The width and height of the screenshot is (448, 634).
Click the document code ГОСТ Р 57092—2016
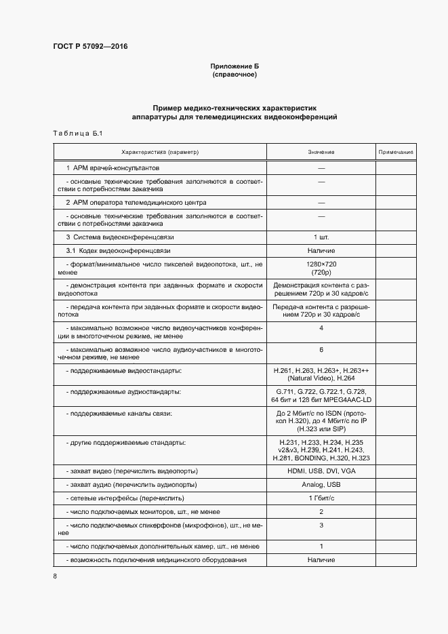(x=89, y=47)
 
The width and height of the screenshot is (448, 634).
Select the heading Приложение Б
(x=235, y=66)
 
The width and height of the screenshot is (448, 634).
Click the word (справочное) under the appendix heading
(x=235, y=75)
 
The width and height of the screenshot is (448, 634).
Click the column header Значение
(x=321, y=153)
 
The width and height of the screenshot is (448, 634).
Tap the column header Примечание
(x=396, y=153)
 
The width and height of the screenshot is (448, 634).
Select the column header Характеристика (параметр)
(x=160, y=153)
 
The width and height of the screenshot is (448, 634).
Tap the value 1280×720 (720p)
(x=321, y=267)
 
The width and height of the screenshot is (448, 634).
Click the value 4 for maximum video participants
(x=321, y=328)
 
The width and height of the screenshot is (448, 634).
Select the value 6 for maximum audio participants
(x=321, y=350)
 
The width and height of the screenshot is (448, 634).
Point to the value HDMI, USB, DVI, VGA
(x=321, y=471)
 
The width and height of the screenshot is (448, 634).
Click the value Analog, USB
(x=321, y=485)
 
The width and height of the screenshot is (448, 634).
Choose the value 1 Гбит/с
(x=321, y=498)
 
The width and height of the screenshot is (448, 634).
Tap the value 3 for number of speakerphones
(x=321, y=526)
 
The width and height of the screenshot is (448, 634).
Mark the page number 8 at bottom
(x=55, y=576)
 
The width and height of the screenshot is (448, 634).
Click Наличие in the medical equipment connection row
(x=321, y=560)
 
